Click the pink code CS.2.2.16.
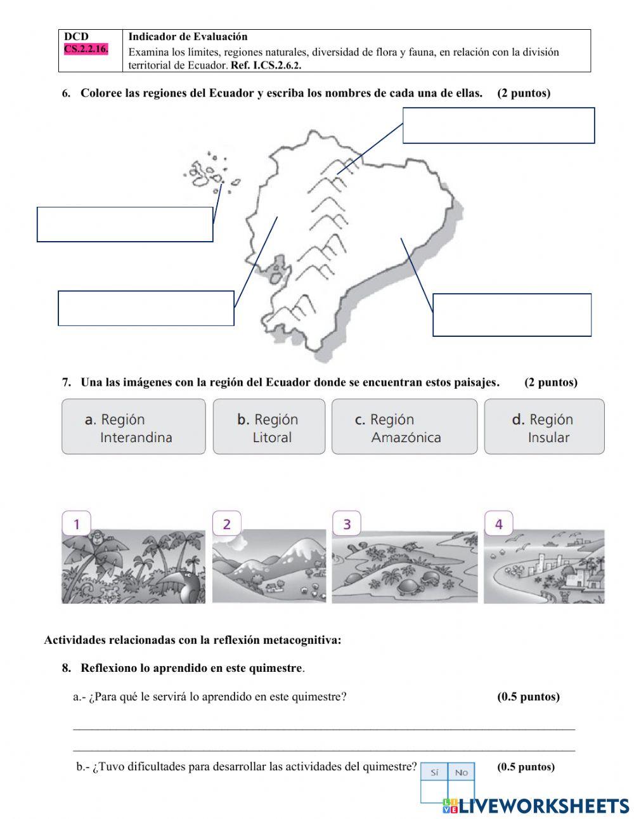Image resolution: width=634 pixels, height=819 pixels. click(x=86, y=49)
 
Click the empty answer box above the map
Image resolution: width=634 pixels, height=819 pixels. click(x=498, y=126)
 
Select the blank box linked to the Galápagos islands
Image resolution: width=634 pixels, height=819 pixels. click(x=125, y=224)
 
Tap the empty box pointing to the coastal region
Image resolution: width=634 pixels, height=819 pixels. click(x=146, y=308)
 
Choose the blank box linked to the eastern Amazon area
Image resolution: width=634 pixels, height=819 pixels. click(x=512, y=315)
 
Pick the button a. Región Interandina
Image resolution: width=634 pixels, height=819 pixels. click(x=133, y=427)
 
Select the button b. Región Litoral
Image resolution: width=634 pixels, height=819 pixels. click(x=269, y=427)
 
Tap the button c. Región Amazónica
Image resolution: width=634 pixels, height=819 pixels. click(x=404, y=427)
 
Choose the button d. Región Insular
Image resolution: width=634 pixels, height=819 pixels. click(x=544, y=427)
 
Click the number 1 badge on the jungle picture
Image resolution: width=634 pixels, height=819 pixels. click(x=77, y=524)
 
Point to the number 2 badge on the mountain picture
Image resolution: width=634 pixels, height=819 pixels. click(x=226, y=524)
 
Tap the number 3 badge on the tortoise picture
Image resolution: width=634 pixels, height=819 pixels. click(x=347, y=524)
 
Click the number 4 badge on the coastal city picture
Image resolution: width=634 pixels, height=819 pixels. click(x=498, y=524)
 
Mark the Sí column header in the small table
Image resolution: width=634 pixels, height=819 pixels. click(x=434, y=772)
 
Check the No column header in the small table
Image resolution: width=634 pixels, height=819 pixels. click(x=461, y=772)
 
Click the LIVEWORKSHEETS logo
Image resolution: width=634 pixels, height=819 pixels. click(x=536, y=806)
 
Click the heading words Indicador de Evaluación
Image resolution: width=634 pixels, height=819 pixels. click(x=188, y=37)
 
